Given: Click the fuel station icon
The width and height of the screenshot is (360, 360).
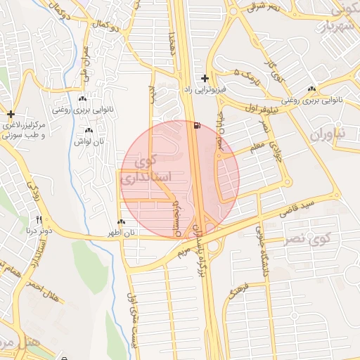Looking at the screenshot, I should coord(195,126).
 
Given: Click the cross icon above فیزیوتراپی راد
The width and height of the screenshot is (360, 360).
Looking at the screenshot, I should coord(205,78).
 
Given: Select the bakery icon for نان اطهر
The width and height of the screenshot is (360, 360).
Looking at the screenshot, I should coord(122,222).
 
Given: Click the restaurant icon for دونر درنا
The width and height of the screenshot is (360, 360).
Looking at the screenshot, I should coord(39,219).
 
